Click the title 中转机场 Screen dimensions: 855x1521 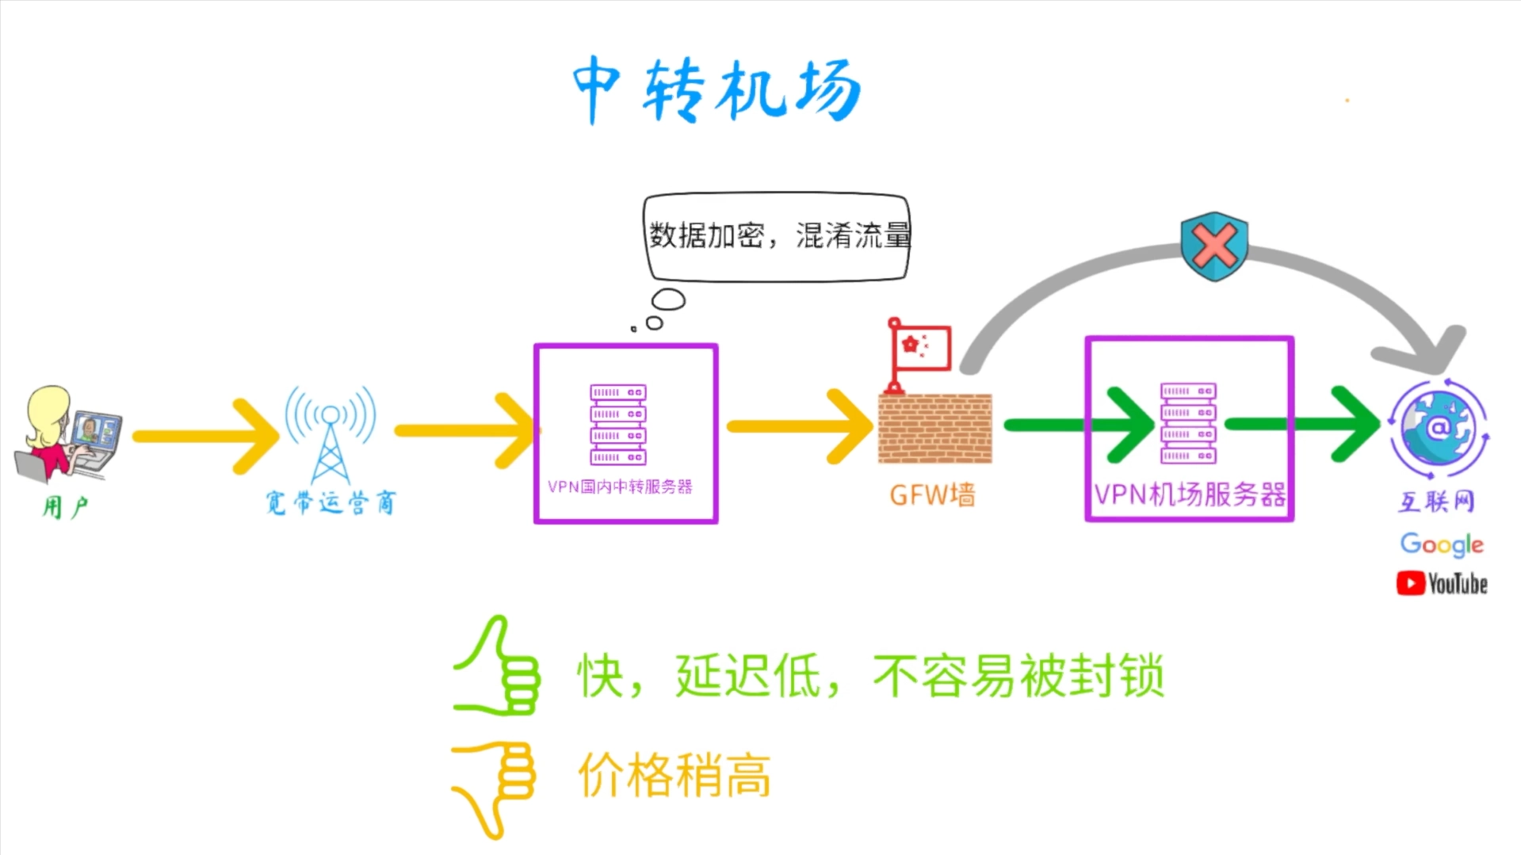(x=717, y=90)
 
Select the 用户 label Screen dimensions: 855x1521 (x=65, y=506)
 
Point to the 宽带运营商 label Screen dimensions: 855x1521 (x=331, y=502)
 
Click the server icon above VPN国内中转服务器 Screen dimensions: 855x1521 (x=618, y=424)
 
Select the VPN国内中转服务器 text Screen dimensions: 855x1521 (x=620, y=487)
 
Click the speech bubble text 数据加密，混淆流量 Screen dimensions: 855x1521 (x=778, y=235)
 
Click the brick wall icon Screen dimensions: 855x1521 (x=935, y=429)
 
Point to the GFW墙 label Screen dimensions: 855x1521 (x=932, y=495)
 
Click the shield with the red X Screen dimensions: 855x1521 (x=1214, y=246)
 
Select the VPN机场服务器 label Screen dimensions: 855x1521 (x=1189, y=494)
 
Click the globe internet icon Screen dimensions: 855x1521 (x=1438, y=429)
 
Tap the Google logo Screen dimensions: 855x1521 (x=1441, y=544)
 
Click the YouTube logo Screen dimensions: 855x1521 (x=1442, y=584)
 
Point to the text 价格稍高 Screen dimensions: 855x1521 (x=675, y=776)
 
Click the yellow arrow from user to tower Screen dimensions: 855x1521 (x=206, y=437)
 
